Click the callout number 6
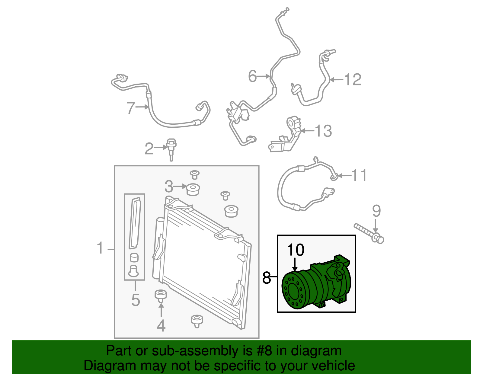[252, 76]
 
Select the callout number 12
[353, 79]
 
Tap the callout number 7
[130, 108]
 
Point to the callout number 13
[323, 131]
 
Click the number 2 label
[149, 149]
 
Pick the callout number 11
[359, 175]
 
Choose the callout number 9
[376, 211]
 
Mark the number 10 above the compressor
[296, 250]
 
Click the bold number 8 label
[267, 277]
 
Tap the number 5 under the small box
[136, 300]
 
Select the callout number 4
[161, 326]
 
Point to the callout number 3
[169, 187]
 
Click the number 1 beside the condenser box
[100, 248]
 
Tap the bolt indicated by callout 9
[369, 234]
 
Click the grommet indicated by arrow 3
[193, 189]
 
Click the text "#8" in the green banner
[264, 351]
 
